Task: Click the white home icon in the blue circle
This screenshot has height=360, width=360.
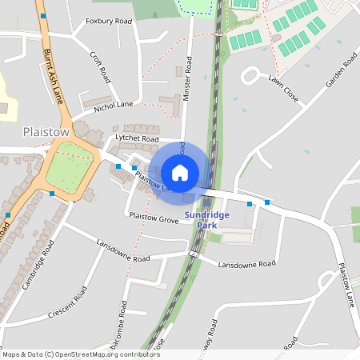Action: [180, 172]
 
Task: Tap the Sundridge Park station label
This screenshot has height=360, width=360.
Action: [207, 220]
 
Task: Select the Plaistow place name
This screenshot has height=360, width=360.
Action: [46, 131]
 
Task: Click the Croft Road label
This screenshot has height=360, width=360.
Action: [100, 68]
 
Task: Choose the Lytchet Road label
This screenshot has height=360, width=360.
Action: [138, 138]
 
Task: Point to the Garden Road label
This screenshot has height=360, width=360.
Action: [340, 74]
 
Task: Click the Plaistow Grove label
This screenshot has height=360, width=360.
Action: [154, 217]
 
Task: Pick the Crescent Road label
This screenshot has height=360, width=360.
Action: [68, 305]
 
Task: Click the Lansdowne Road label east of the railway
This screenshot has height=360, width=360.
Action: [246, 264]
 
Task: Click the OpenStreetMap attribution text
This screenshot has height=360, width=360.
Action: [80, 354]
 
